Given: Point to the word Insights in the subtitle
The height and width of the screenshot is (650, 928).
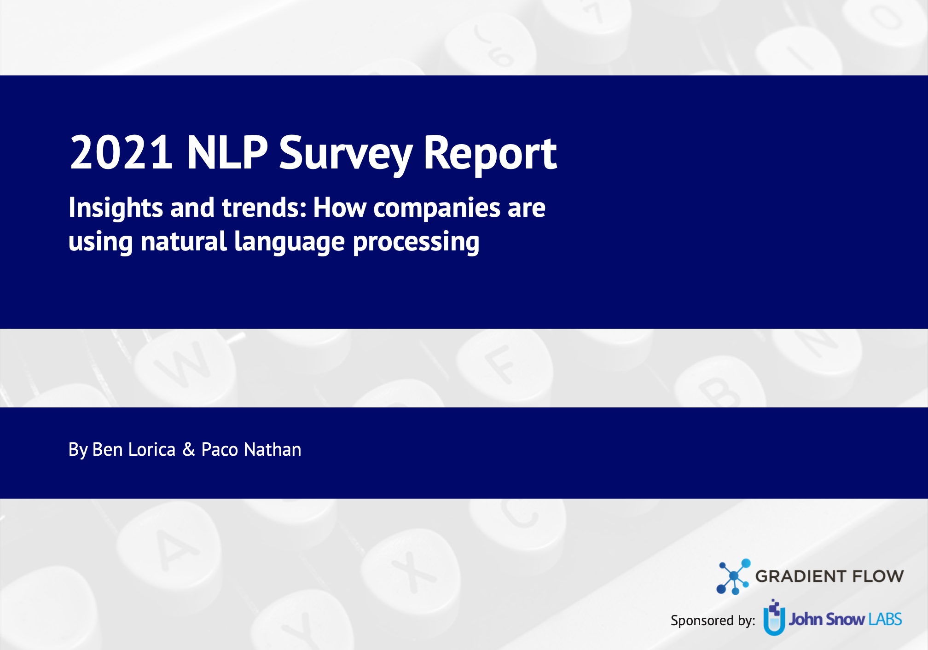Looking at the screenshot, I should point(116,208).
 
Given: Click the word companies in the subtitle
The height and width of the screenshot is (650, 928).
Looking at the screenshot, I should point(436,208).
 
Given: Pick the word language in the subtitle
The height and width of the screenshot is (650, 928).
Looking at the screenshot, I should point(289,242).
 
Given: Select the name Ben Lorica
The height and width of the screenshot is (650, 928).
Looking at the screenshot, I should point(133,450).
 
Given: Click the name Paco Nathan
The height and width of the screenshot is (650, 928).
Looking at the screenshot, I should point(251,450).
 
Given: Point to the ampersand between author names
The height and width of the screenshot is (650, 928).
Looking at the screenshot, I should point(189,450).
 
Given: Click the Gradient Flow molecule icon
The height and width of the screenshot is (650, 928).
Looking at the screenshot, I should point(733,577).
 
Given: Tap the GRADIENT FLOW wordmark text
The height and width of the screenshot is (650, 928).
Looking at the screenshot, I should point(829,576).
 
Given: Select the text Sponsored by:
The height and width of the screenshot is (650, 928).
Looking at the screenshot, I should point(713,621).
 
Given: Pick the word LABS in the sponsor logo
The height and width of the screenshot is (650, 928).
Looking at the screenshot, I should point(885,620).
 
